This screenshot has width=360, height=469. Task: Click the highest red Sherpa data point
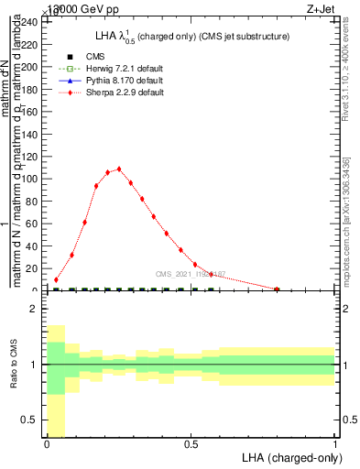tap(119, 169)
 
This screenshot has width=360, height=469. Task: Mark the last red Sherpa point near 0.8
tap(277, 289)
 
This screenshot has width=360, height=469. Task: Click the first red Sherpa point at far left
tap(57, 280)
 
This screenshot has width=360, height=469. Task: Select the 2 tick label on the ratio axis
tap(34, 310)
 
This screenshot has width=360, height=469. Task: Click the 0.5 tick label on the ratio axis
tap(30, 420)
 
